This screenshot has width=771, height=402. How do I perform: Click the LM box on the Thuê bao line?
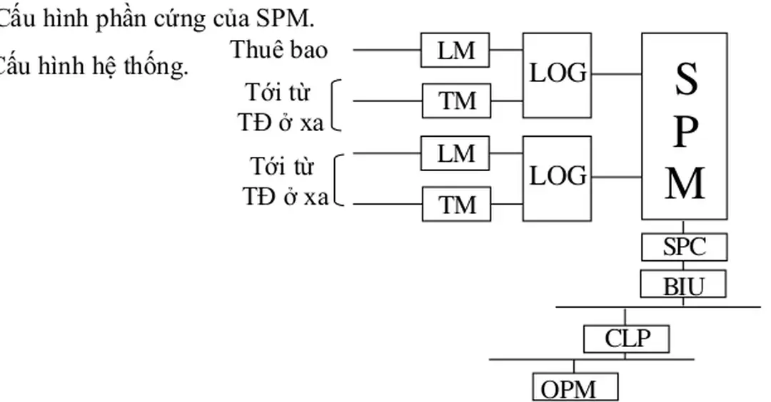click(455, 50)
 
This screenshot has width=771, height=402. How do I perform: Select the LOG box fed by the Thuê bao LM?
click(557, 74)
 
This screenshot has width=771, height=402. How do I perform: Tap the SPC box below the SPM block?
click(684, 247)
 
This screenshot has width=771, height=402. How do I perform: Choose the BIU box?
click(683, 285)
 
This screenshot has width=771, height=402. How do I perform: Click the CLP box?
click(627, 338)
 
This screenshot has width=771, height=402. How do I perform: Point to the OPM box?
click(575, 388)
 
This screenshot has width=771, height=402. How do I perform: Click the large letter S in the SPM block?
click(685, 80)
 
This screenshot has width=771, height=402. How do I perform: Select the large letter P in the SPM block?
click(685, 132)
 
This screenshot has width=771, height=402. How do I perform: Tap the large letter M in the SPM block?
click(685, 183)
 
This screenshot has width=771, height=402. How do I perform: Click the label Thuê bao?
click(278, 50)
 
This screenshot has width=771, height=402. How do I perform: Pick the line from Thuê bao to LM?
click(387, 50)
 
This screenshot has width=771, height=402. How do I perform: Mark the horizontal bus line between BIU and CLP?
click(657, 307)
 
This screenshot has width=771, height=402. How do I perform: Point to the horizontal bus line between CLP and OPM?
click(591, 359)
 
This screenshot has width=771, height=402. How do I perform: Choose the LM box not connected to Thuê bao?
click(455, 153)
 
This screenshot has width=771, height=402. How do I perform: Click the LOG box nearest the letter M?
click(557, 177)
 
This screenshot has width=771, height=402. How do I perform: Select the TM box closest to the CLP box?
click(455, 205)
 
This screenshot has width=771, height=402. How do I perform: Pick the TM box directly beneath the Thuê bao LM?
click(455, 100)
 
